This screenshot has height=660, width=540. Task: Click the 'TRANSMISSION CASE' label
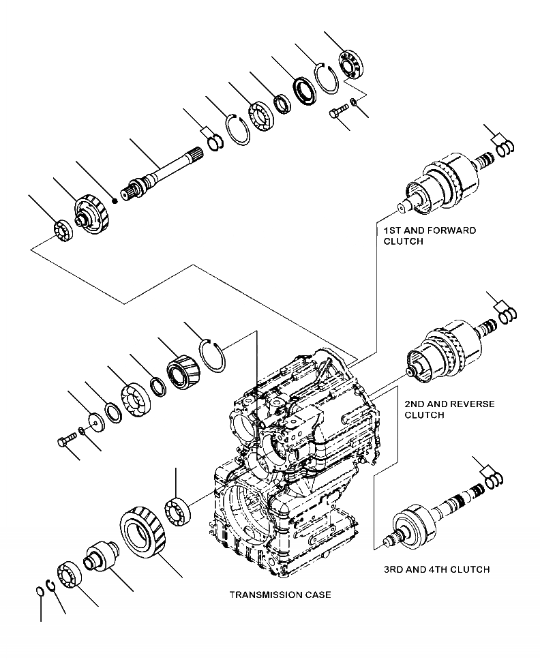[280, 595]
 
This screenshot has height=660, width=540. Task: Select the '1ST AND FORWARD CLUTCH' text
[430, 235]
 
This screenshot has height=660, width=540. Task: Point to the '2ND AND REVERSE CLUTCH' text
[449, 409]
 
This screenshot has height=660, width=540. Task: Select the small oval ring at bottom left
[40, 591]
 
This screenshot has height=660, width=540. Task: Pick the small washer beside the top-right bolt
[352, 102]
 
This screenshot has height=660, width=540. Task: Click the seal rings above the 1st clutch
[504, 147]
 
